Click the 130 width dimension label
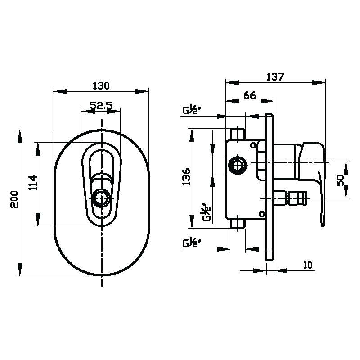(x=101, y=86)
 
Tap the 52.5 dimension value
(x=101, y=105)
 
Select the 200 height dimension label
(x=14, y=199)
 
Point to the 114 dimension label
(x=32, y=183)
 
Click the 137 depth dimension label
(x=275, y=76)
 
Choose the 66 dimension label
(x=250, y=95)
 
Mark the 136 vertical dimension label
(x=186, y=177)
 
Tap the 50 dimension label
(x=340, y=181)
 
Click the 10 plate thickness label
(x=308, y=265)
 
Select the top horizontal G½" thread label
(x=192, y=110)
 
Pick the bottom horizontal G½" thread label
(x=192, y=243)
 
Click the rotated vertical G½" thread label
(x=207, y=212)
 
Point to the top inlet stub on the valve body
(x=238, y=134)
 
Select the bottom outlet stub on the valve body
(x=238, y=224)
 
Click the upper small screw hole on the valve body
(x=253, y=145)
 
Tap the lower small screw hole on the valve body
(x=262, y=214)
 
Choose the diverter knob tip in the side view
(x=298, y=198)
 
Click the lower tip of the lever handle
(x=323, y=226)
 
